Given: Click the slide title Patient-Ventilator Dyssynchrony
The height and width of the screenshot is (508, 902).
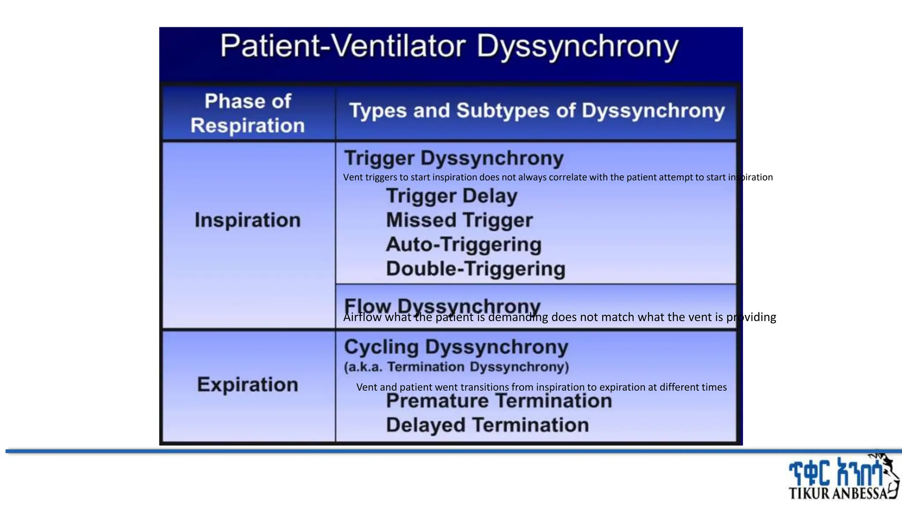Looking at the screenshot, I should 449,47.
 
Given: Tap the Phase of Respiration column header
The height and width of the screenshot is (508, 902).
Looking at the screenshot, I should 248,113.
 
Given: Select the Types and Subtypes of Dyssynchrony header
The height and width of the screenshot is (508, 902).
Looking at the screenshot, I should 536,111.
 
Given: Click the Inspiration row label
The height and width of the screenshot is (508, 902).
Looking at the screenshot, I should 248,220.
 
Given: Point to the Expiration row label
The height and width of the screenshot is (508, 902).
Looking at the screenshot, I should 248,385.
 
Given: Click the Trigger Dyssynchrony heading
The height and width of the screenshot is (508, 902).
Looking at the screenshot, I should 454,158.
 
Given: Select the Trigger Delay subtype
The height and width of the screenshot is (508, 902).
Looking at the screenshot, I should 451,196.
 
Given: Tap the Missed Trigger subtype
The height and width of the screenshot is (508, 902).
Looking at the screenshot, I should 459,220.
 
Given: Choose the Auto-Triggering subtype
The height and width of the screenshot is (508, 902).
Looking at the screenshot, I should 463,244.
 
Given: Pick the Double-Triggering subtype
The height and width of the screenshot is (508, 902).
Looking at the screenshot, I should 475,269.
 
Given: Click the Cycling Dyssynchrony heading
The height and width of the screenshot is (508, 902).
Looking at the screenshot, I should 456,347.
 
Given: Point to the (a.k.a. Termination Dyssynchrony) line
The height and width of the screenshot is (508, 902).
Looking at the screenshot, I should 456,367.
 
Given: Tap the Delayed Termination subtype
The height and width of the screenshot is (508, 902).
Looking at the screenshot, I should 487,425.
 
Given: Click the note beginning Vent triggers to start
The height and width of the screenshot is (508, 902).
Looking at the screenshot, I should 558,177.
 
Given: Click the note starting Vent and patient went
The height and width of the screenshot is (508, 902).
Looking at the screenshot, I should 541,387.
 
